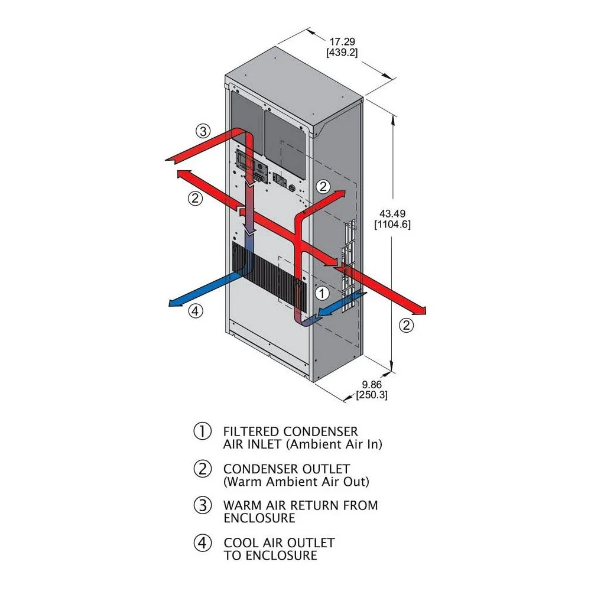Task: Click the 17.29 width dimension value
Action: (x=342, y=41)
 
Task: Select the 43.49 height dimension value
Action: (x=392, y=214)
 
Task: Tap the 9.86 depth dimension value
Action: (x=372, y=385)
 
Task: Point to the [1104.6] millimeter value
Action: (x=392, y=225)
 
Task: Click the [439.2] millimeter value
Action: (x=342, y=53)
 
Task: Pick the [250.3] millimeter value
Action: (x=372, y=395)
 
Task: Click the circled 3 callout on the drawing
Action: (x=203, y=131)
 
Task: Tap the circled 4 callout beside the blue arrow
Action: (x=195, y=311)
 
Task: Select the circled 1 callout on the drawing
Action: (x=322, y=293)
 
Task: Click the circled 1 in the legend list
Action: (x=202, y=431)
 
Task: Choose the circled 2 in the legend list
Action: (x=202, y=469)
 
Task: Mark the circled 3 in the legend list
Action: (x=202, y=505)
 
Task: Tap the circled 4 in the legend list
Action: (x=202, y=543)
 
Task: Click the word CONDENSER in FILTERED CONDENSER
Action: (x=320, y=431)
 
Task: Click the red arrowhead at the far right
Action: (x=421, y=311)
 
